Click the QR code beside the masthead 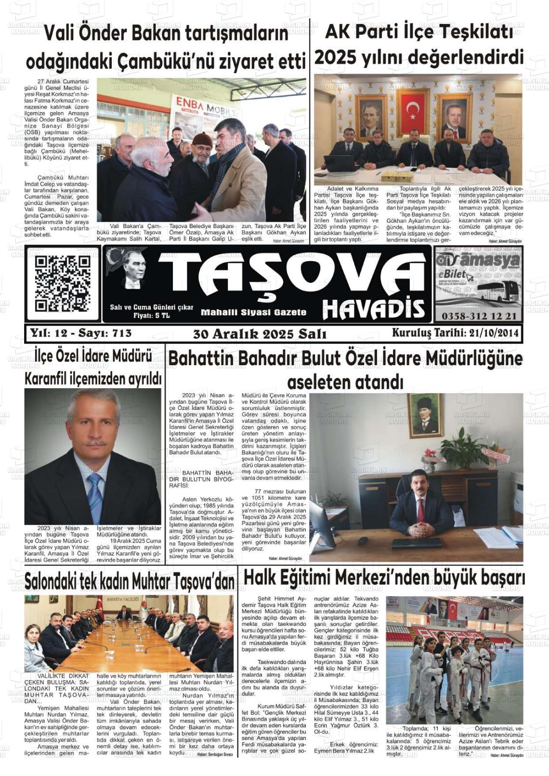tap(62, 284)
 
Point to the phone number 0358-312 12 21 tap(478, 316)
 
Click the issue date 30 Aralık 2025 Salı tap(260, 334)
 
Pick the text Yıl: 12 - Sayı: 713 tap(80, 333)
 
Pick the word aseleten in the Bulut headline tap(317, 382)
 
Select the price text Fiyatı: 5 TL tap(151, 316)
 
